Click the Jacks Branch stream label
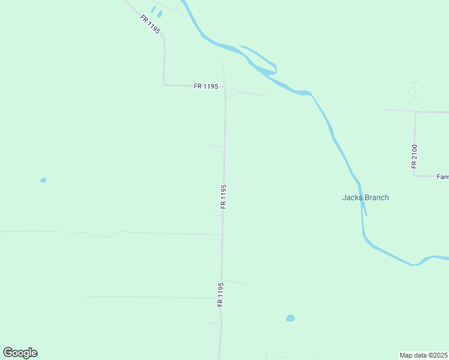coord(365,197)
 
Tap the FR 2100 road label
coord(414,156)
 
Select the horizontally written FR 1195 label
coord(206,86)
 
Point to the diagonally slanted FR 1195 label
coord(150,24)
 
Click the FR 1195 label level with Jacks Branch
coord(223,196)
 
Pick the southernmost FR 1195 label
coord(221,295)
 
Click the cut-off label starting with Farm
coord(442,177)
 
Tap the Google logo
coord(20,353)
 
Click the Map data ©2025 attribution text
coord(424,355)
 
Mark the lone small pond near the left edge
coord(43,180)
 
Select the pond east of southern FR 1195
coord(291,318)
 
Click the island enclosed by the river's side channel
coord(261,60)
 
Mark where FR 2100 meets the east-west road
coord(415,112)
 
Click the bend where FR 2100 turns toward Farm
coord(415,176)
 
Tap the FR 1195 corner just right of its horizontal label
coord(225,88)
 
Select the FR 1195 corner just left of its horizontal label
coord(164,85)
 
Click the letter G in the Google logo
coord(8,353)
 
